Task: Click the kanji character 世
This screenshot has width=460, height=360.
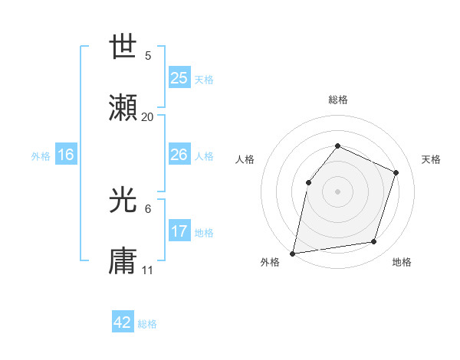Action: coord(123,48)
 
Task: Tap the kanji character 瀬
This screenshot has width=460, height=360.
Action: coord(123,109)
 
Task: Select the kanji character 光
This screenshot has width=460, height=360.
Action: coord(123,201)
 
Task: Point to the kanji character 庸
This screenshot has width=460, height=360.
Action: coord(123,262)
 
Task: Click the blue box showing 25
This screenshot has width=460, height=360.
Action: coord(179,77)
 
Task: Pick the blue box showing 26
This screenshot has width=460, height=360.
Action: coord(179,155)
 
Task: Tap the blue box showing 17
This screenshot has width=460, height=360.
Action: coord(179,231)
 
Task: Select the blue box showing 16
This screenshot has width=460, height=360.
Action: coord(65,155)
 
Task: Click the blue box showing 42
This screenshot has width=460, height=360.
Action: coord(123,322)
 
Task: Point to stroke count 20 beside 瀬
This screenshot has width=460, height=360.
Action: coord(147,117)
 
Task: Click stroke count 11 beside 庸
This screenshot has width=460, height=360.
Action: coord(147,270)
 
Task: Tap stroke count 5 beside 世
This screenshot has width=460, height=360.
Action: coord(148,56)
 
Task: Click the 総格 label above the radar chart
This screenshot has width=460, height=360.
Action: coord(337,100)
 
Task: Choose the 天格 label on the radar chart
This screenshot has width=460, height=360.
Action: coord(431,159)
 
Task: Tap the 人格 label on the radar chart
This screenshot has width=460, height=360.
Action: coord(245,159)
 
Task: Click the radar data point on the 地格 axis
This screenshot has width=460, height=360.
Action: coord(374,242)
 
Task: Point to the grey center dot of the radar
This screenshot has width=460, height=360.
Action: coord(337,191)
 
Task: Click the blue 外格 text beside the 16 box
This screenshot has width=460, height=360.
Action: coord(41,155)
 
